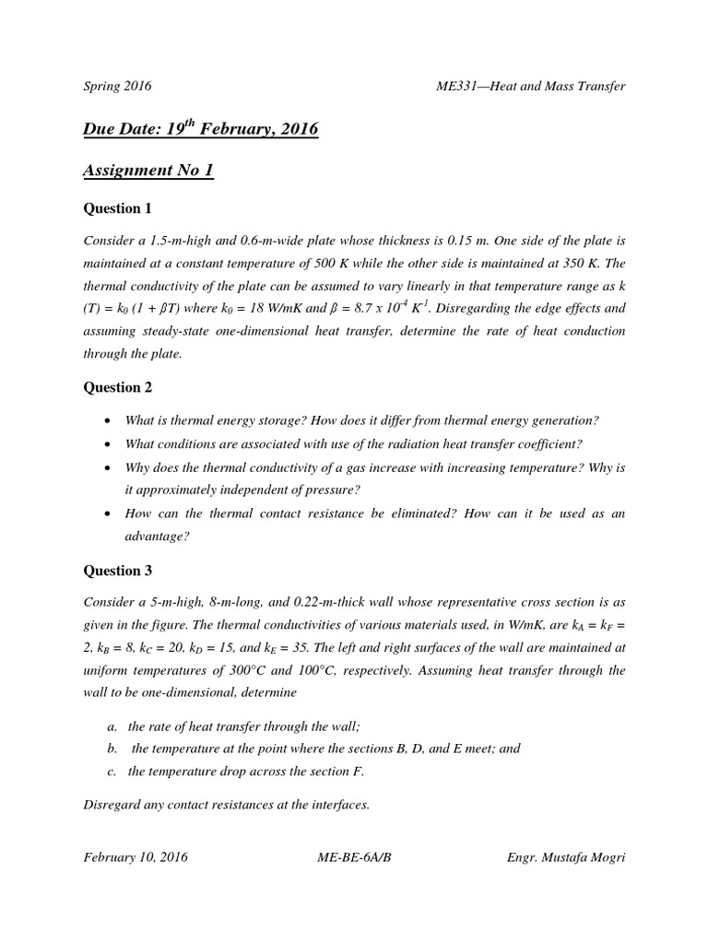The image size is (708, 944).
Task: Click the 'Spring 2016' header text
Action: click(117, 87)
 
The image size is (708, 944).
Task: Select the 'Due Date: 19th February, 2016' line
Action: click(201, 129)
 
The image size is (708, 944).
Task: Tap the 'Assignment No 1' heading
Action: click(148, 170)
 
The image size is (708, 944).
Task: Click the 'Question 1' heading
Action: click(118, 208)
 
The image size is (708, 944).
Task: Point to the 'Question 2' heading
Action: click(118, 388)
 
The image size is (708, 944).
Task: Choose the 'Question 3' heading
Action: click(118, 571)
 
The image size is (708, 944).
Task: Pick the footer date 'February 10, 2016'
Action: click(136, 857)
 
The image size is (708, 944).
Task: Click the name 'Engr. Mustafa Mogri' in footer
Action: click(566, 857)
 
